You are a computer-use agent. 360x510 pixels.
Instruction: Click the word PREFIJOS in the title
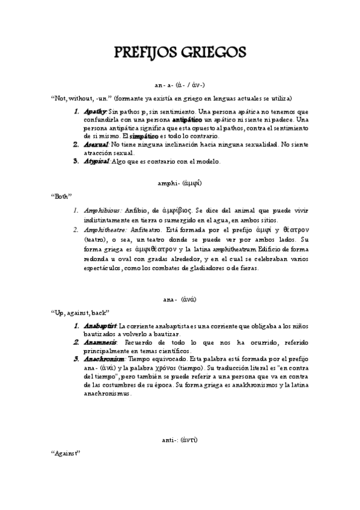pos(148,54)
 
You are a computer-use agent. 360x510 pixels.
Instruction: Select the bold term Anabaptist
pos(100,326)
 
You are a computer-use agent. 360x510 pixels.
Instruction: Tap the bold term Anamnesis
pos(100,342)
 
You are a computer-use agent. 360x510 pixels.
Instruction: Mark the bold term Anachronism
pos(103,359)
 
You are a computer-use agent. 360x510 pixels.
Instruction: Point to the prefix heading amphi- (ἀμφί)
pos(180,180)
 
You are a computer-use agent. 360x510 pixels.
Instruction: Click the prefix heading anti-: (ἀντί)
pos(180,440)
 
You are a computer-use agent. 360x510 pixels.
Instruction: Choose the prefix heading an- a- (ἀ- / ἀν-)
pos(180,86)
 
